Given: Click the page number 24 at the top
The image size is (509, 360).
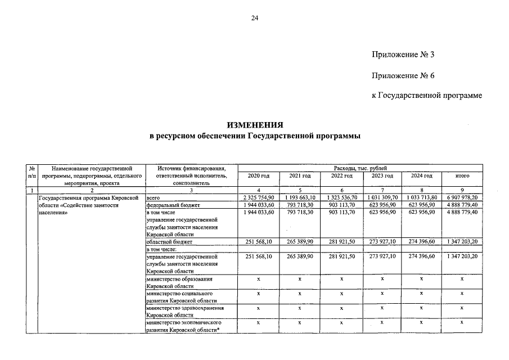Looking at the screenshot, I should click(x=254, y=19).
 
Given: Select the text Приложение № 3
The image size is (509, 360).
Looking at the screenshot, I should click(x=403, y=55).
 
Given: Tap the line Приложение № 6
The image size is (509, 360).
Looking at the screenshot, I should click(x=403, y=75).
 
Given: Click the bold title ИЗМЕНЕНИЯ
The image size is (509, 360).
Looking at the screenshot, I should click(x=255, y=124).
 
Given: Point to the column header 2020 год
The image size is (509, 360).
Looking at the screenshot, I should click(x=259, y=176).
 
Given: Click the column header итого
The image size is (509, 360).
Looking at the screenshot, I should click(x=462, y=176).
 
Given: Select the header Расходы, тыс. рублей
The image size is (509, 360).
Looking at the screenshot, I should click(x=359, y=168).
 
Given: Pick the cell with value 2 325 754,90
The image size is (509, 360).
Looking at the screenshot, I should click(x=259, y=199).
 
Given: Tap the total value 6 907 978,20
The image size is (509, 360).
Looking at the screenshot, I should click(x=462, y=199).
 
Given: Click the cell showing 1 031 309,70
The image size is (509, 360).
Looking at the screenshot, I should click(x=382, y=199).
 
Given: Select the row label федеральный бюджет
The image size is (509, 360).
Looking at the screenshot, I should click(x=173, y=206).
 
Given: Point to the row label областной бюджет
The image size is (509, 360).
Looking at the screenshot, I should click(x=169, y=242).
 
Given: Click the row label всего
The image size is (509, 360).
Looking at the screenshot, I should click(x=154, y=199).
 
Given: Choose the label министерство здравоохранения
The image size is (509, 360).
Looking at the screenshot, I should click(x=185, y=308).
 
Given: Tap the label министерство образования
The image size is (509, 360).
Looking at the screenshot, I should click(x=180, y=279).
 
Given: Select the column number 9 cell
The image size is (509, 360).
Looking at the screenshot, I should click(x=462, y=191).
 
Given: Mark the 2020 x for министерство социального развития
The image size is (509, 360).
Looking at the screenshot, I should click(x=259, y=294).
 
